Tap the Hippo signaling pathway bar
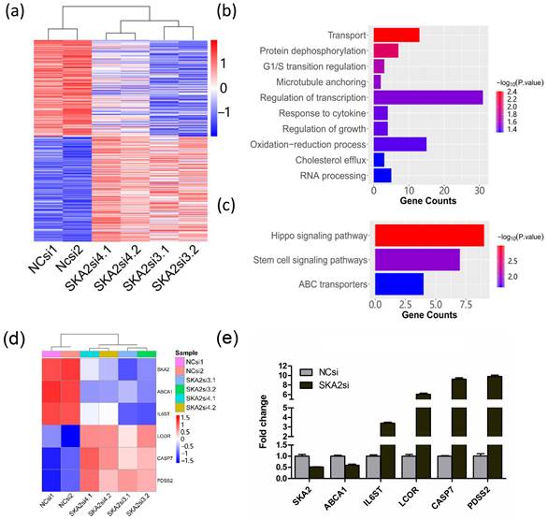click(x=428, y=234)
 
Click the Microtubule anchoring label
click(x=324, y=81)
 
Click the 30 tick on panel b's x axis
click(x=480, y=190)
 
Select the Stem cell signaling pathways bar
click(x=416, y=259)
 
